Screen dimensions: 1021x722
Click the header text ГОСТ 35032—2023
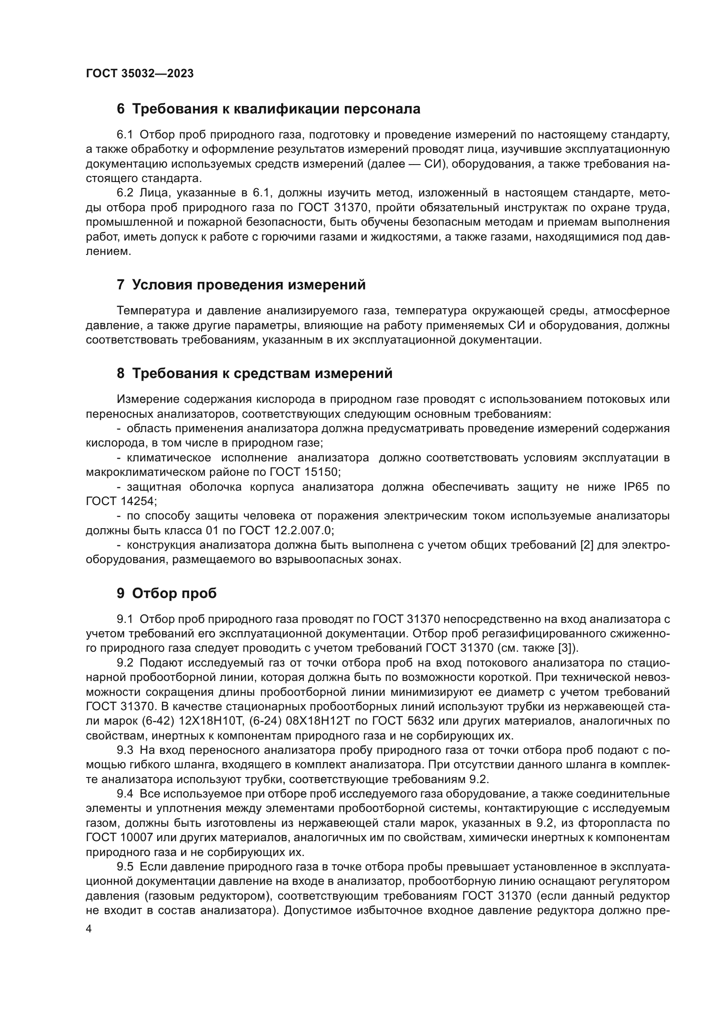pyautogui.click(x=140, y=73)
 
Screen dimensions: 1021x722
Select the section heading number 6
pyautogui.click(x=120, y=109)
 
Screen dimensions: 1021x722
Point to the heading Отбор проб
pyautogui.click(x=174, y=593)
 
